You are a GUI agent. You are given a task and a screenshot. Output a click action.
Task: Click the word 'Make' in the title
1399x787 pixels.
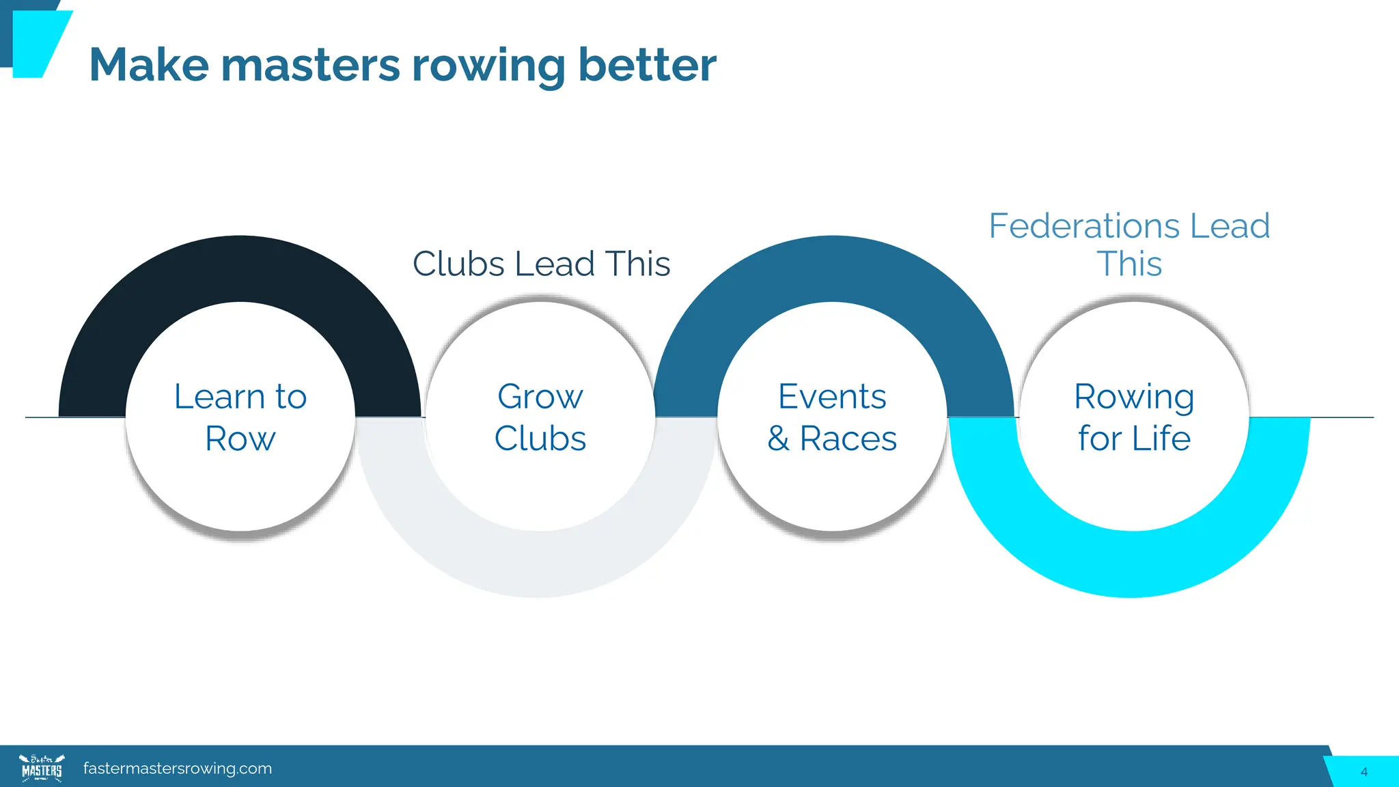tap(148, 66)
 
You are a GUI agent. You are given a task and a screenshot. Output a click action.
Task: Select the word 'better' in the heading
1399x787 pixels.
tap(647, 66)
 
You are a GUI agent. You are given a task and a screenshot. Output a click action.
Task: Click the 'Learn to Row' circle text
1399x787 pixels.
tap(240, 417)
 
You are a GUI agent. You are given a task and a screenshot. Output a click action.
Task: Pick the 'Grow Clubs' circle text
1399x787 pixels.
tap(540, 417)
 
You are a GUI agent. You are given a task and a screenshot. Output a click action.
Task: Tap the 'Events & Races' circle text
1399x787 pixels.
tap(832, 417)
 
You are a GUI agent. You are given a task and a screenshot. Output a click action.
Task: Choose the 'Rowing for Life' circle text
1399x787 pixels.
tap(1134, 417)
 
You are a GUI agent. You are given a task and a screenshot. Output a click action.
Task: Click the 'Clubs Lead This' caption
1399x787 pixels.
tap(541, 264)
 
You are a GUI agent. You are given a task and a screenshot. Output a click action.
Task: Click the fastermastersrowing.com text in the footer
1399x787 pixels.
tap(178, 769)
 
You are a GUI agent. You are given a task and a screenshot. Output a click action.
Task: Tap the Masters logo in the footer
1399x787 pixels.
tap(42, 768)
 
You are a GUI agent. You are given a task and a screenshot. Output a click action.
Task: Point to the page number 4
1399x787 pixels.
tap(1363, 772)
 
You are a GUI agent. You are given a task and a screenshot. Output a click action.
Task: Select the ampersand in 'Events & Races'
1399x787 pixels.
tap(778, 439)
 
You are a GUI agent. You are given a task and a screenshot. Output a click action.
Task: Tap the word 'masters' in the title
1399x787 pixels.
tap(310, 66)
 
